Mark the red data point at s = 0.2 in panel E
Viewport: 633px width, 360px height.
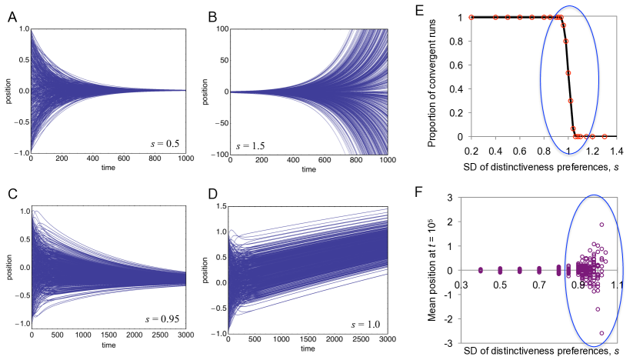click(471, 17)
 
